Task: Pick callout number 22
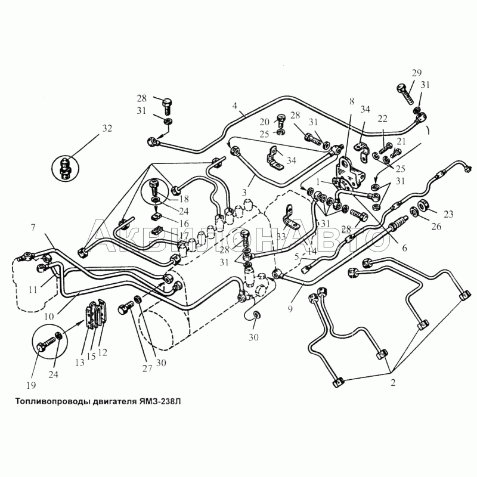pos(382,118)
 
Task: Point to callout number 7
pos(34,227)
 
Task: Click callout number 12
pos(103,352)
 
